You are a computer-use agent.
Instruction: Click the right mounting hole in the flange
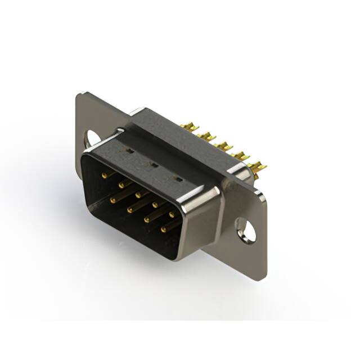pyautogui.click(x=245, y=230)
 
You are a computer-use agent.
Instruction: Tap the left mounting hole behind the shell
pyautogui.click(x=92, y=137)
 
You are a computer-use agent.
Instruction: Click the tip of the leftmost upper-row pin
pyautogui.click(x=104, y=175)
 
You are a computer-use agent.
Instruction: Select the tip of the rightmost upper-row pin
pyautogui.click(x=172, y=214)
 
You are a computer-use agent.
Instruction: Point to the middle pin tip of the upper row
pyautogui.click(x=138, y=193)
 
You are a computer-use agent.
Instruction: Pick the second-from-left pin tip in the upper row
pyautogui.click(x=121, y=184)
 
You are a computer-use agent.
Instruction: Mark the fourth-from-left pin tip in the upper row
pyautogui.click(x=155, y=204)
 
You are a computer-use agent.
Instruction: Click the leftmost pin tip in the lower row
pyautogui.click(x=112, y=200)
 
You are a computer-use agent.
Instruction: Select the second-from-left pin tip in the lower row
pyautogui.click(x=129, y=210)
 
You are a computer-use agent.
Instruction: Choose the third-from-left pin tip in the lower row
pyautogui.click(x=146, y=219)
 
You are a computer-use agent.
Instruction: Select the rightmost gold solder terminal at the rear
pyautogui.click(x=258, y=166)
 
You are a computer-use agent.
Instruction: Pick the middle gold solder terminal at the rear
pyautogui.click(x=224, y=146)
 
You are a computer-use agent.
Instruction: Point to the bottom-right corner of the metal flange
pyautogui.click(x=264, y=277)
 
